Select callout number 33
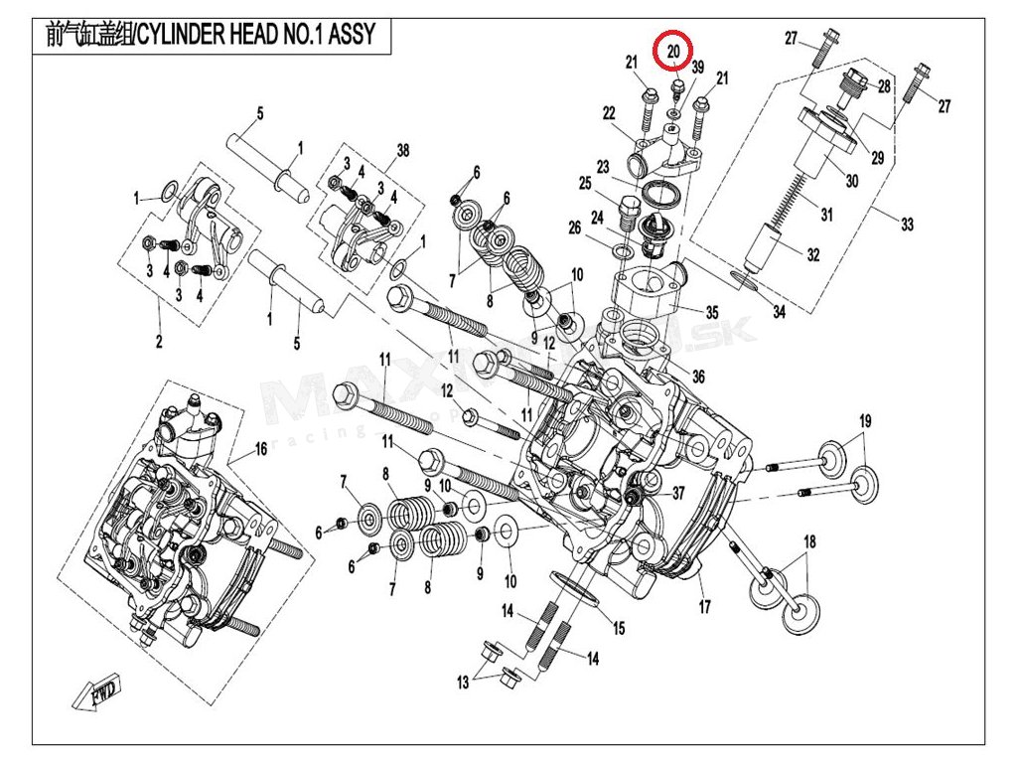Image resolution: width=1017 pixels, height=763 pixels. coord(907,225)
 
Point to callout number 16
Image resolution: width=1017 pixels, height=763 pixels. coord(261,449)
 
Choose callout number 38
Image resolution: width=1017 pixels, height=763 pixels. coord(402,150)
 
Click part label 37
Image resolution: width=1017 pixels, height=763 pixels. coord(678,494)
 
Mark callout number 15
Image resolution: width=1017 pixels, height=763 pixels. coord(618,628)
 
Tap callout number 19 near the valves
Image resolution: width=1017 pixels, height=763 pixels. coord(864,419)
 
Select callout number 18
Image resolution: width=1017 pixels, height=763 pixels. coord(809,540)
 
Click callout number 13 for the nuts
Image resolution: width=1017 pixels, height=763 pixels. coord(463,682)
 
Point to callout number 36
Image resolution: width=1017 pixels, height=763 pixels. coord(698,377)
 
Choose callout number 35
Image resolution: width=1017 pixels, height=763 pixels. coord(711,312)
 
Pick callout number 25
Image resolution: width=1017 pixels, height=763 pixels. coord(585,184)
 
